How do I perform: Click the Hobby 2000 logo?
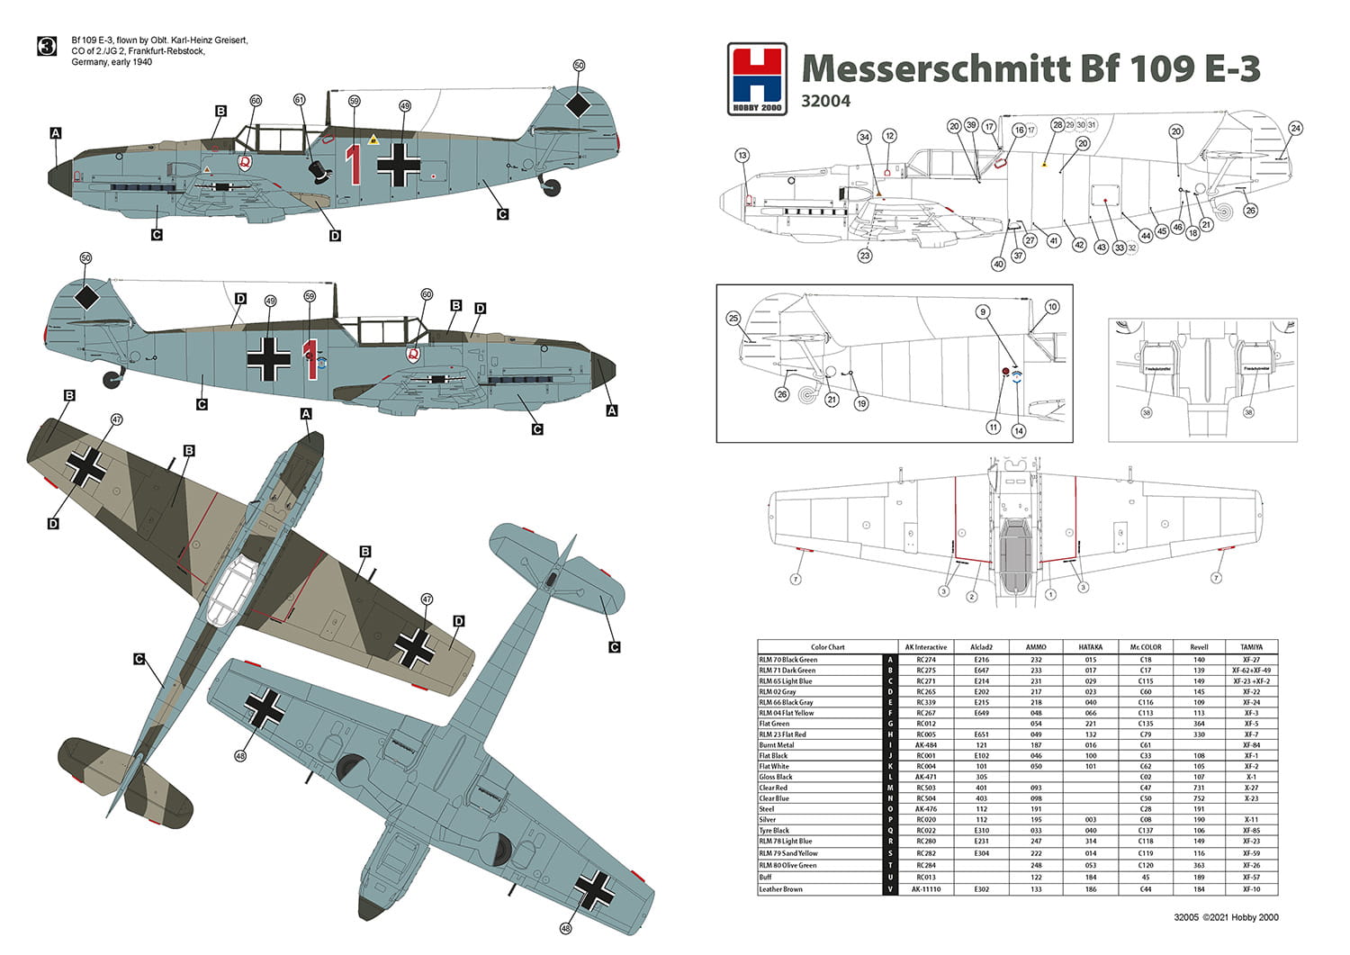point(757,79)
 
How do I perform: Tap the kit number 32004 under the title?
point(825,102)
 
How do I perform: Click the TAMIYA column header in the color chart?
point(1251,647)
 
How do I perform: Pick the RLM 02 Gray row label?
point(778,692)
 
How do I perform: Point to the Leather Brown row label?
point(780,889)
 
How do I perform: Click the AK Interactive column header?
point(926,647)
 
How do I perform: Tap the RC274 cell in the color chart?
point(926,660)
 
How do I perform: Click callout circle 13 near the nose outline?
point(742,156)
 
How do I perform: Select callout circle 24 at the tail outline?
point(1295,128)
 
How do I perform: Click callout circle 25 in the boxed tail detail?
point(733,318)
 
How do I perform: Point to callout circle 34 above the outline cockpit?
point(864,138)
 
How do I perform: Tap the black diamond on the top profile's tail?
point(578,106)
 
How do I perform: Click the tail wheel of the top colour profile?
point(551,187)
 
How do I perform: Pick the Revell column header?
point(1199,647)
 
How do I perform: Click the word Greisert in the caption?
point(229,41)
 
